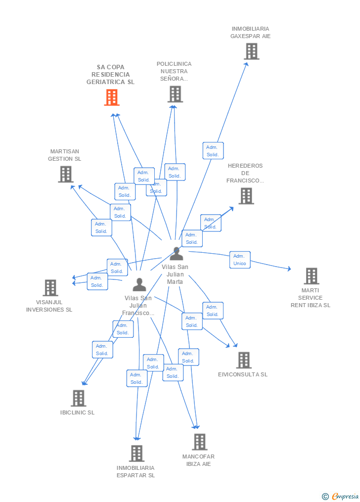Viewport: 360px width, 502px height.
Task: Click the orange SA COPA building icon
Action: [112, 97]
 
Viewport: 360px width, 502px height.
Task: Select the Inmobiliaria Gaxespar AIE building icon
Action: [251, 51]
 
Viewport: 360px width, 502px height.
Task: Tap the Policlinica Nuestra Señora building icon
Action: [175, 94]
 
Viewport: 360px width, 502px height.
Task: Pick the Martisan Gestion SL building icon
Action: [66, 174]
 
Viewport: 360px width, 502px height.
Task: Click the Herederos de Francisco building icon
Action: [246, 196]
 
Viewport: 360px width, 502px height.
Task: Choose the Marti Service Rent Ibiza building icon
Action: [311, 276]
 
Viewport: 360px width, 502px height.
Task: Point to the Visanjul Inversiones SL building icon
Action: [50, 288]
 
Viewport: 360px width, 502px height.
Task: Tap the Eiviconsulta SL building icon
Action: [243, 360]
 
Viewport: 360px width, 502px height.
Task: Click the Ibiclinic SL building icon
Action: [78, 398]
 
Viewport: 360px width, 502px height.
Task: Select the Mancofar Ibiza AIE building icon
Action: [199, 442]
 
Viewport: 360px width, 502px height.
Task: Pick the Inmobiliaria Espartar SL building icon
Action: [136, 453]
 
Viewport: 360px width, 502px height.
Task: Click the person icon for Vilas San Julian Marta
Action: [176, 254]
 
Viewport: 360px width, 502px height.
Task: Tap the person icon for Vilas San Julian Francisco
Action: [139, 284]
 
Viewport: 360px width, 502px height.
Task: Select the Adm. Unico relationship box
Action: [240, 260]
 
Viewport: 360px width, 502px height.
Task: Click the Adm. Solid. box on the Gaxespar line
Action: [213, 151]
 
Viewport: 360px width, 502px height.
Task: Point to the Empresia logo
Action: [341, 496]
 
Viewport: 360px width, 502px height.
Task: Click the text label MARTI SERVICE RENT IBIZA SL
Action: [311, 298]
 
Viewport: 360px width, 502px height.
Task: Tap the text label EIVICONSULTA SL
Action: [243, 374]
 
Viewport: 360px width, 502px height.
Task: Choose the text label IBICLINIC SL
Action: [78, 412]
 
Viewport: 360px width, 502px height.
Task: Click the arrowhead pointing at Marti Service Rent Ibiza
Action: [289, 269]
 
